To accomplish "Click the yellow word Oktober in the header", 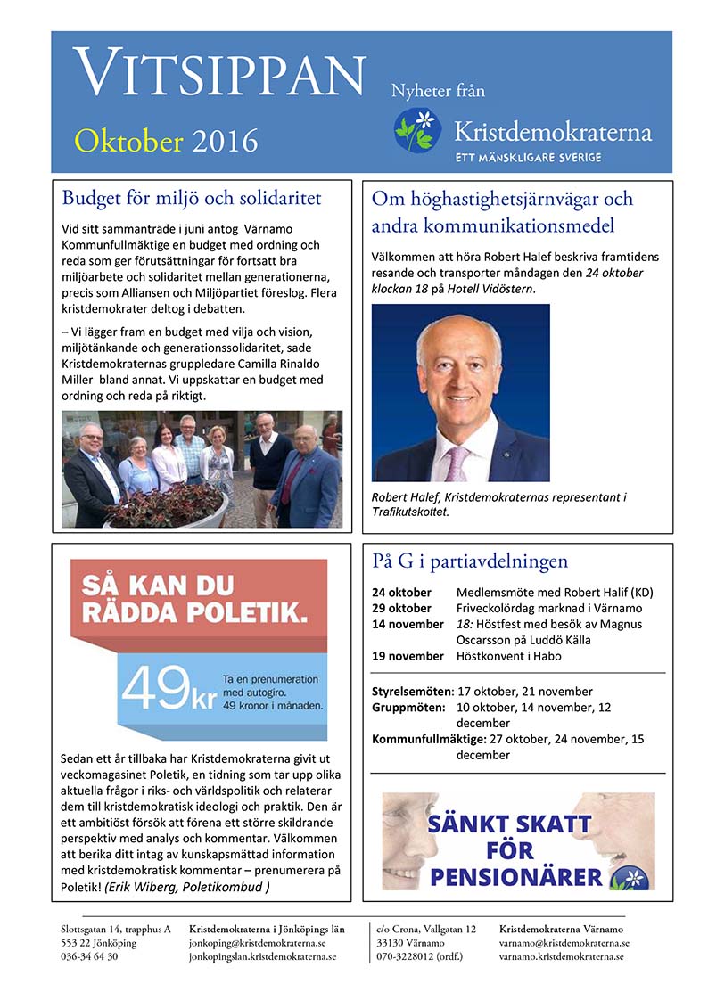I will click(129, 140).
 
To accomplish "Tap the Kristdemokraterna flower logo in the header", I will click(417, 129).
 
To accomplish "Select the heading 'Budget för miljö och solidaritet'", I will click(191, 197).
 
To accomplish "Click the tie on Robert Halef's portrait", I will click(457, 462).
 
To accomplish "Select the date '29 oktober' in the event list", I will click(402, 608).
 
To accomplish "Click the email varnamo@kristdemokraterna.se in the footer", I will click(564, 942).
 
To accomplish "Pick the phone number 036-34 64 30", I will click(89, 956).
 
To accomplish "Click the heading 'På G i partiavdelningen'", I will click(469, 561).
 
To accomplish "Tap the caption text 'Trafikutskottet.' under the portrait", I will click(410, 512).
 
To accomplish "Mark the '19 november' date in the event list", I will click(408, 656).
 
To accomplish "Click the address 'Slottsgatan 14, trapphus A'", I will click(116, 929).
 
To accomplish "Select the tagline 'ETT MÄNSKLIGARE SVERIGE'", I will click(528, 157).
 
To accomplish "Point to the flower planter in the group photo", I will click(165, 509).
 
